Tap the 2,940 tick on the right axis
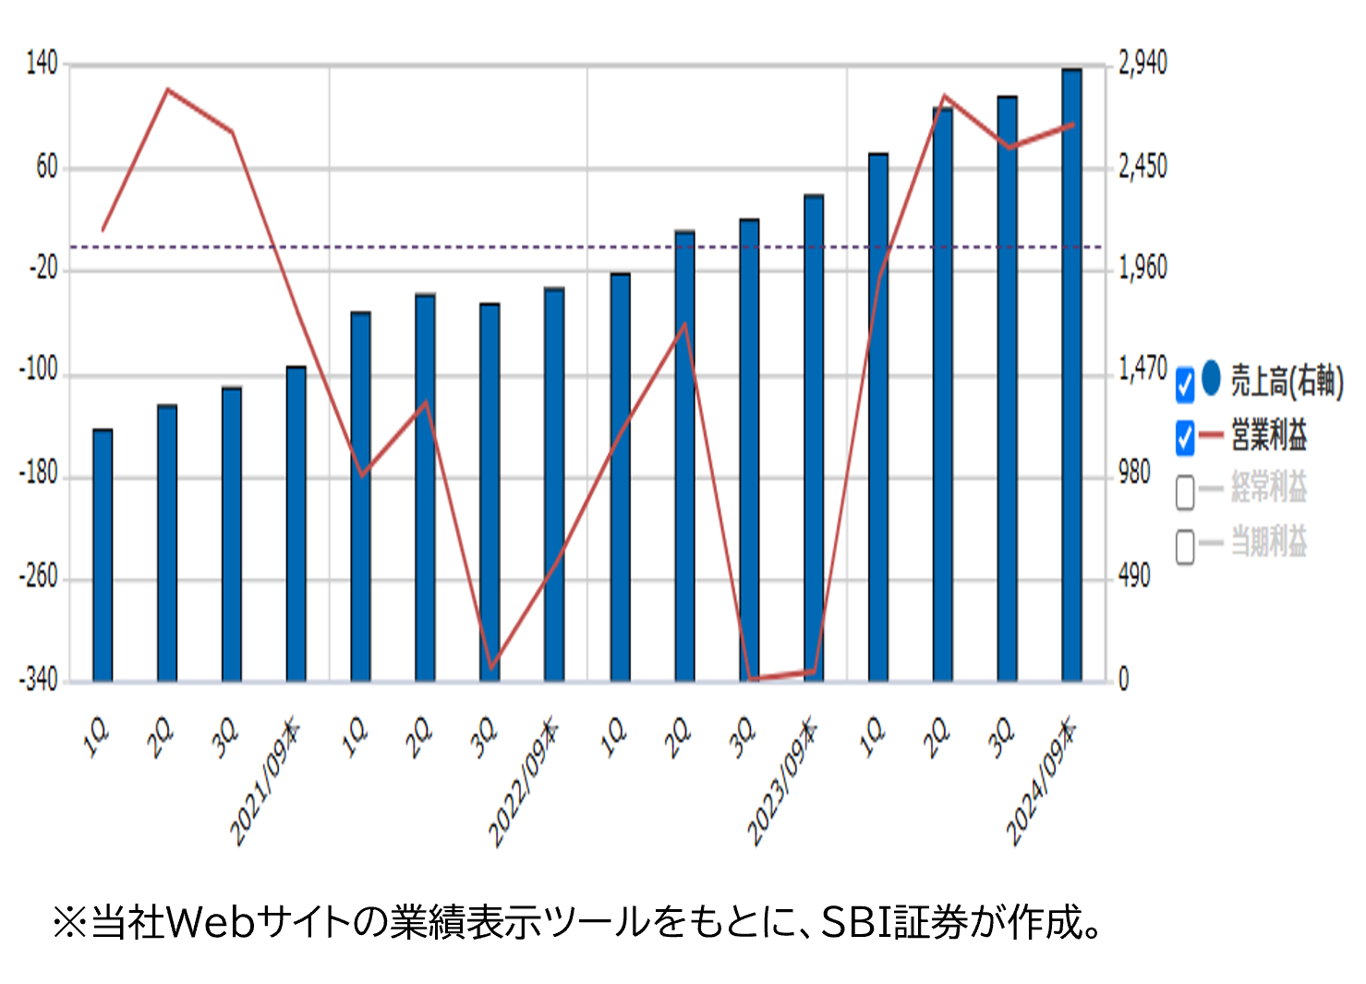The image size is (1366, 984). tap(1142, 64)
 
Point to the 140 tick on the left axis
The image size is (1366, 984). tap(42, 64)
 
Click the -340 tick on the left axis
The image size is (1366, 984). tap(38, 680)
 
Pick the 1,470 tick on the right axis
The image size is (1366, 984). tap(1142, 370)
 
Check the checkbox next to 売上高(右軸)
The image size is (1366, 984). tap(1185, 384)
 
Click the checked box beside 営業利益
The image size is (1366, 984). tap(1185, 438)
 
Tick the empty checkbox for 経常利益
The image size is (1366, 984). tap(1185, 492)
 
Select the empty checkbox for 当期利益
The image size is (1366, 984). tap(1185, 546)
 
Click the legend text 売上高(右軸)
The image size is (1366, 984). tap(1287, 381)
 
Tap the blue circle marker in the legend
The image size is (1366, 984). tap(1212, 378)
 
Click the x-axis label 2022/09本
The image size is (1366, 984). tap(523, 784)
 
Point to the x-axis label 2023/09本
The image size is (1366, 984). tap(781, 784)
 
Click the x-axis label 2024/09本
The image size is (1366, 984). tap(1040, 784)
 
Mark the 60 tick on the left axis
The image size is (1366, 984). tap(46, 167)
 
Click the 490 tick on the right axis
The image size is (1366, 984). tap(1134, 577)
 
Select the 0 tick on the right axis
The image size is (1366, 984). tap(1124, 680)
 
